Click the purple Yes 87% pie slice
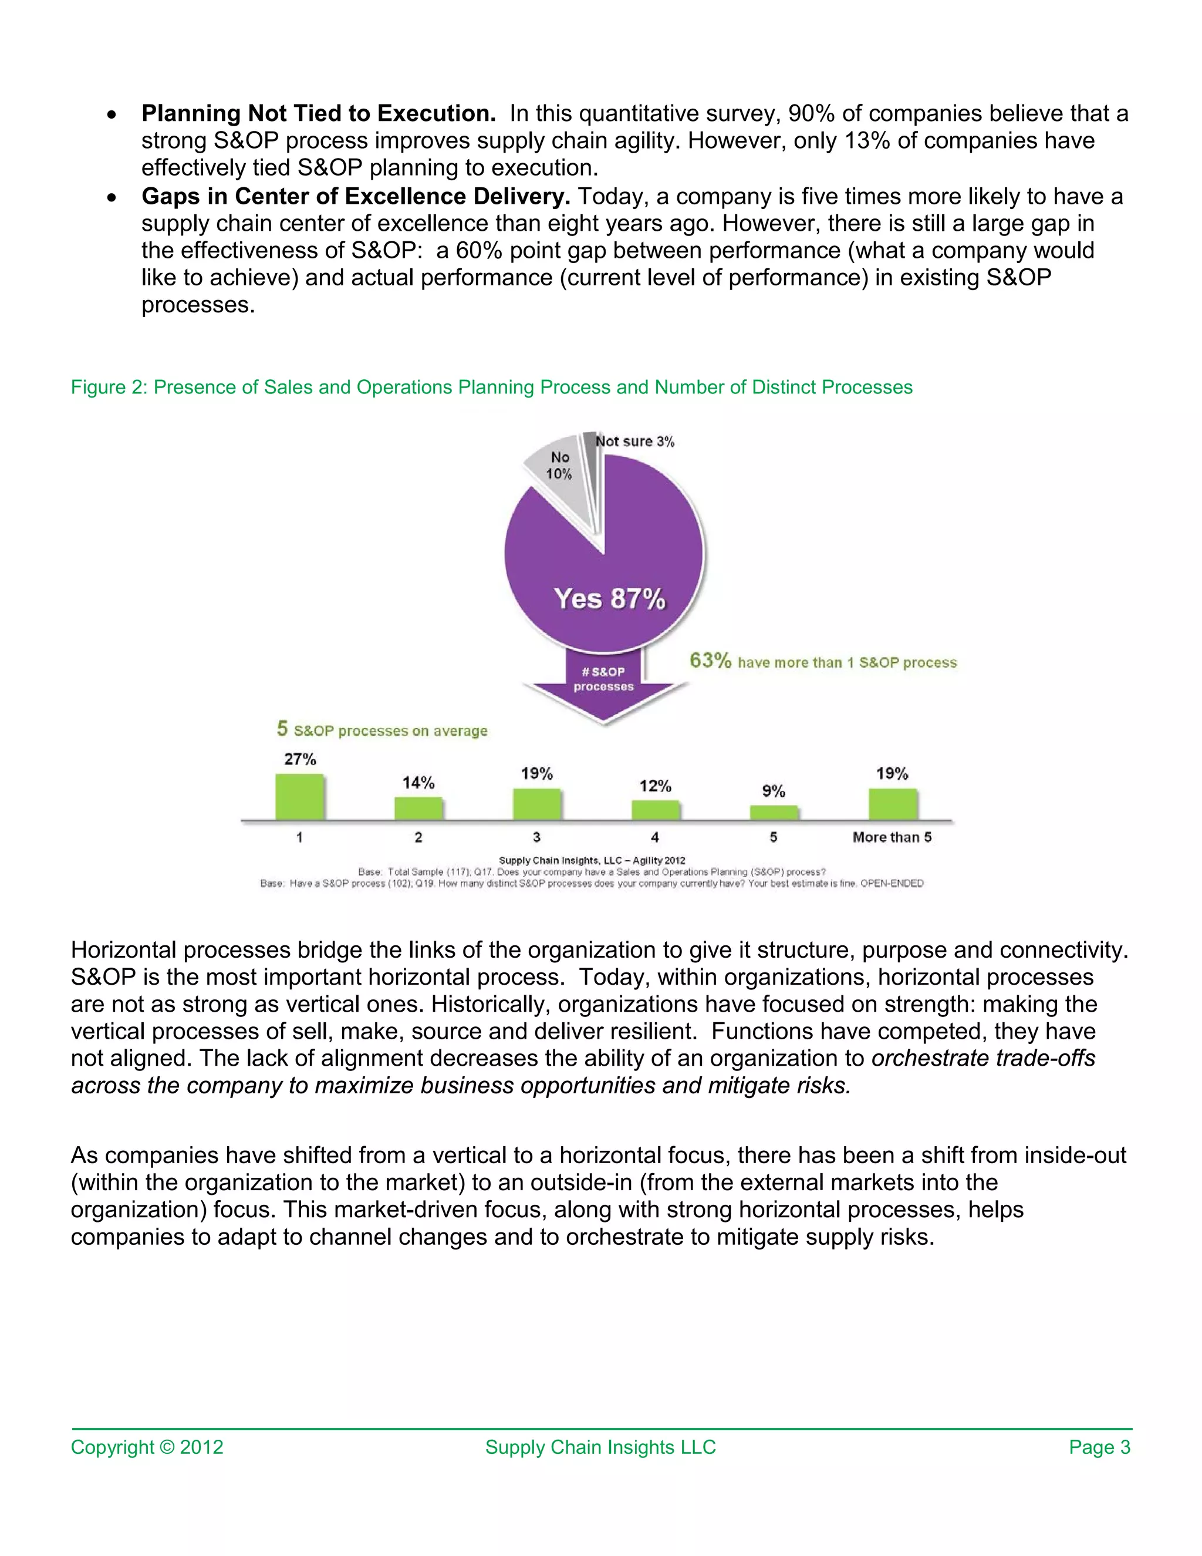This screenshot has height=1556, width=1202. (x=605, y=570)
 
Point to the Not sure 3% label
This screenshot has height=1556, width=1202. (x=635, y=442)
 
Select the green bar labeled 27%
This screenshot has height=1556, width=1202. (x=300, y=797)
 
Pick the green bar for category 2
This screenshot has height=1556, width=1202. (x=418, y=809)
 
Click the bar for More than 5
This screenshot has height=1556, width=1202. (x=892, y=804)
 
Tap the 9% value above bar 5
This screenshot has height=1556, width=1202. (x=774, y=791)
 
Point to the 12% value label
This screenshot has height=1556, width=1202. (x=655, y=786)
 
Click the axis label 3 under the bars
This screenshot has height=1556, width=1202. (x=536, y=837)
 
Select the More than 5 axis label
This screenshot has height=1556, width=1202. (x=892, y=837)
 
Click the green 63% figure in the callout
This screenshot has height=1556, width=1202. (x=710, y=661)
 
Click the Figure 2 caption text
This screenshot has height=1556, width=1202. (x=491, y=387)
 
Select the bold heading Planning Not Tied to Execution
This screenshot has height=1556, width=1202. (x=318, y=113)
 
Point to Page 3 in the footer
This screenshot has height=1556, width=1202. (x=1099, y=1447)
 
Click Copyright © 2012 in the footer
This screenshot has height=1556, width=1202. (x=147, y=1447)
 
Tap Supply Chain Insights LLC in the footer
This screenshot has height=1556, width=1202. (x=600, y=1447)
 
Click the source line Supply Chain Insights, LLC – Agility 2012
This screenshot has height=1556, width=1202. (x=592, y=861)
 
